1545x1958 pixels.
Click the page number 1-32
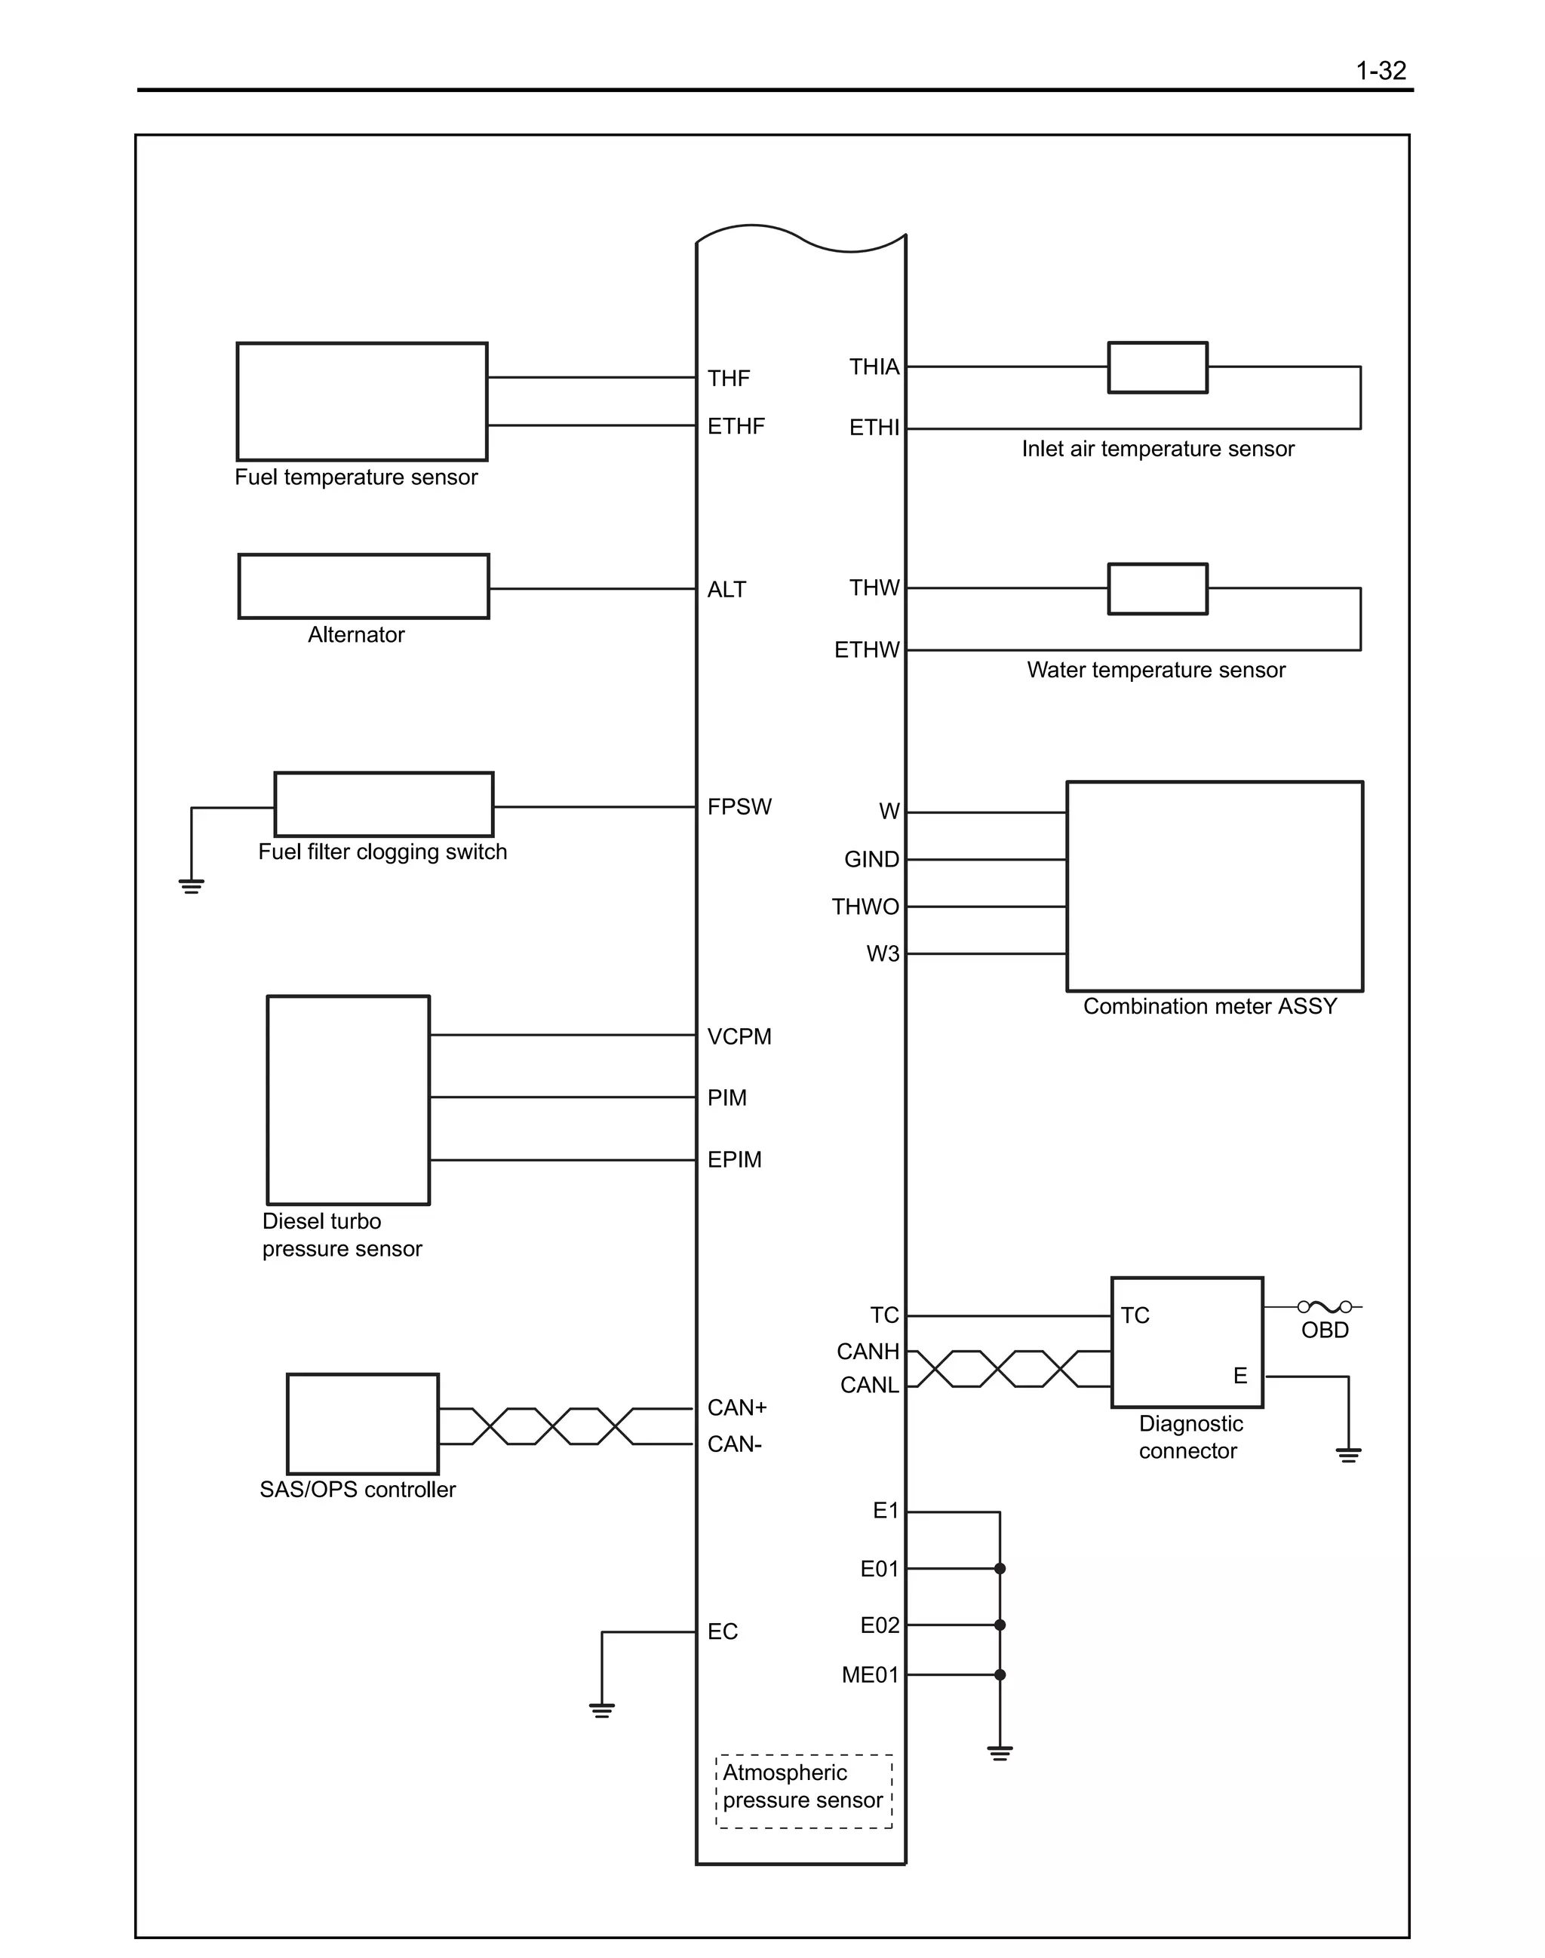(1381, 71)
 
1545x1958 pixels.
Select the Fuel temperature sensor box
(362, 401)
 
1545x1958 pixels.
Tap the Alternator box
(364, 587)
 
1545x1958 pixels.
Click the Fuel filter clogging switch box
(383, 804)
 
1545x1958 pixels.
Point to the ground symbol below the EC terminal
(601, 1710)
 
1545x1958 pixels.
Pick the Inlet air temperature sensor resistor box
(1157, 367)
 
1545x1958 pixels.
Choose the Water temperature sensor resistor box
(1157, 589)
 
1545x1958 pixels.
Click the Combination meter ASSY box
(1214, 886)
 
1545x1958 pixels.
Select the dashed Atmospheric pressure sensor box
(803, 1791)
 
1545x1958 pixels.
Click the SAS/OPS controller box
(363, 1423)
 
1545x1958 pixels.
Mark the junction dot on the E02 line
(1000, 1625)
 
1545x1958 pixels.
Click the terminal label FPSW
(739, 807)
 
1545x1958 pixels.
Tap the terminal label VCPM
(739, 1036)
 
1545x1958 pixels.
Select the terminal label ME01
(869, 1675)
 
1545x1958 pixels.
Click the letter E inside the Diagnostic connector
(1240, 1376)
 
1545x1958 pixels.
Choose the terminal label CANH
(868, 1351)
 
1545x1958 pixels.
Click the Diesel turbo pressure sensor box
(349, 1100)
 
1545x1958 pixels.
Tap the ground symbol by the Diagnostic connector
(1348, 1454)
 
